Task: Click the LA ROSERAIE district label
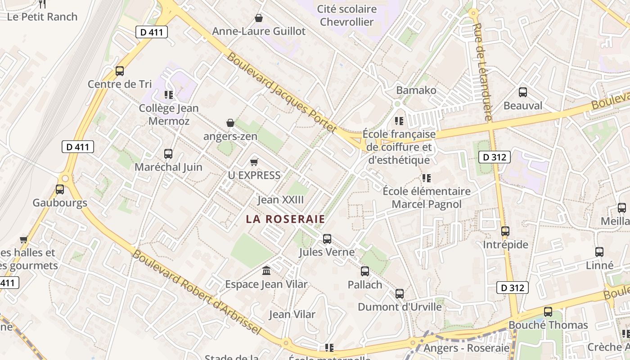[x=285, y=219]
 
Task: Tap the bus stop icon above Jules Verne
[x=327, y=239]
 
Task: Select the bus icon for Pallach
[x=365, y=271]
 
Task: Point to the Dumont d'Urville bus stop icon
[x=400, y=294]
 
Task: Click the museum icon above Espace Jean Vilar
[x=266, y=271]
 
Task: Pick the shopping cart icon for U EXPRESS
[x=254, y=162]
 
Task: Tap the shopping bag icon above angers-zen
[x=230, y=123]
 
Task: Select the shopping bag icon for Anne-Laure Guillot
[x=259, y=18]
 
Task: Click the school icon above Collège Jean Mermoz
[x=169, y=95]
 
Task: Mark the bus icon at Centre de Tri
[x=120, y=71]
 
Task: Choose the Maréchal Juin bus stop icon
[x=168, y=154]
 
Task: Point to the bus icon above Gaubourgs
[x=60, y=189]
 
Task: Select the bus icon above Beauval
[x=523, y=92]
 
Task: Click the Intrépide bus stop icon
[x=505, y=231]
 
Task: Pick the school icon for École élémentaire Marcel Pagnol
[x=427, y=178]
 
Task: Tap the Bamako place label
[x=416, y=90]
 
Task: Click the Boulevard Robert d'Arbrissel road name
[x=197, y=292]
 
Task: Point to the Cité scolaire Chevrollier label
[x=347, y=15]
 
